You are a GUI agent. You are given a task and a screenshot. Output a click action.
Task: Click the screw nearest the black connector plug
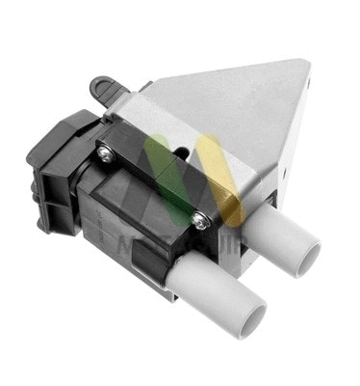[104, 149]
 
